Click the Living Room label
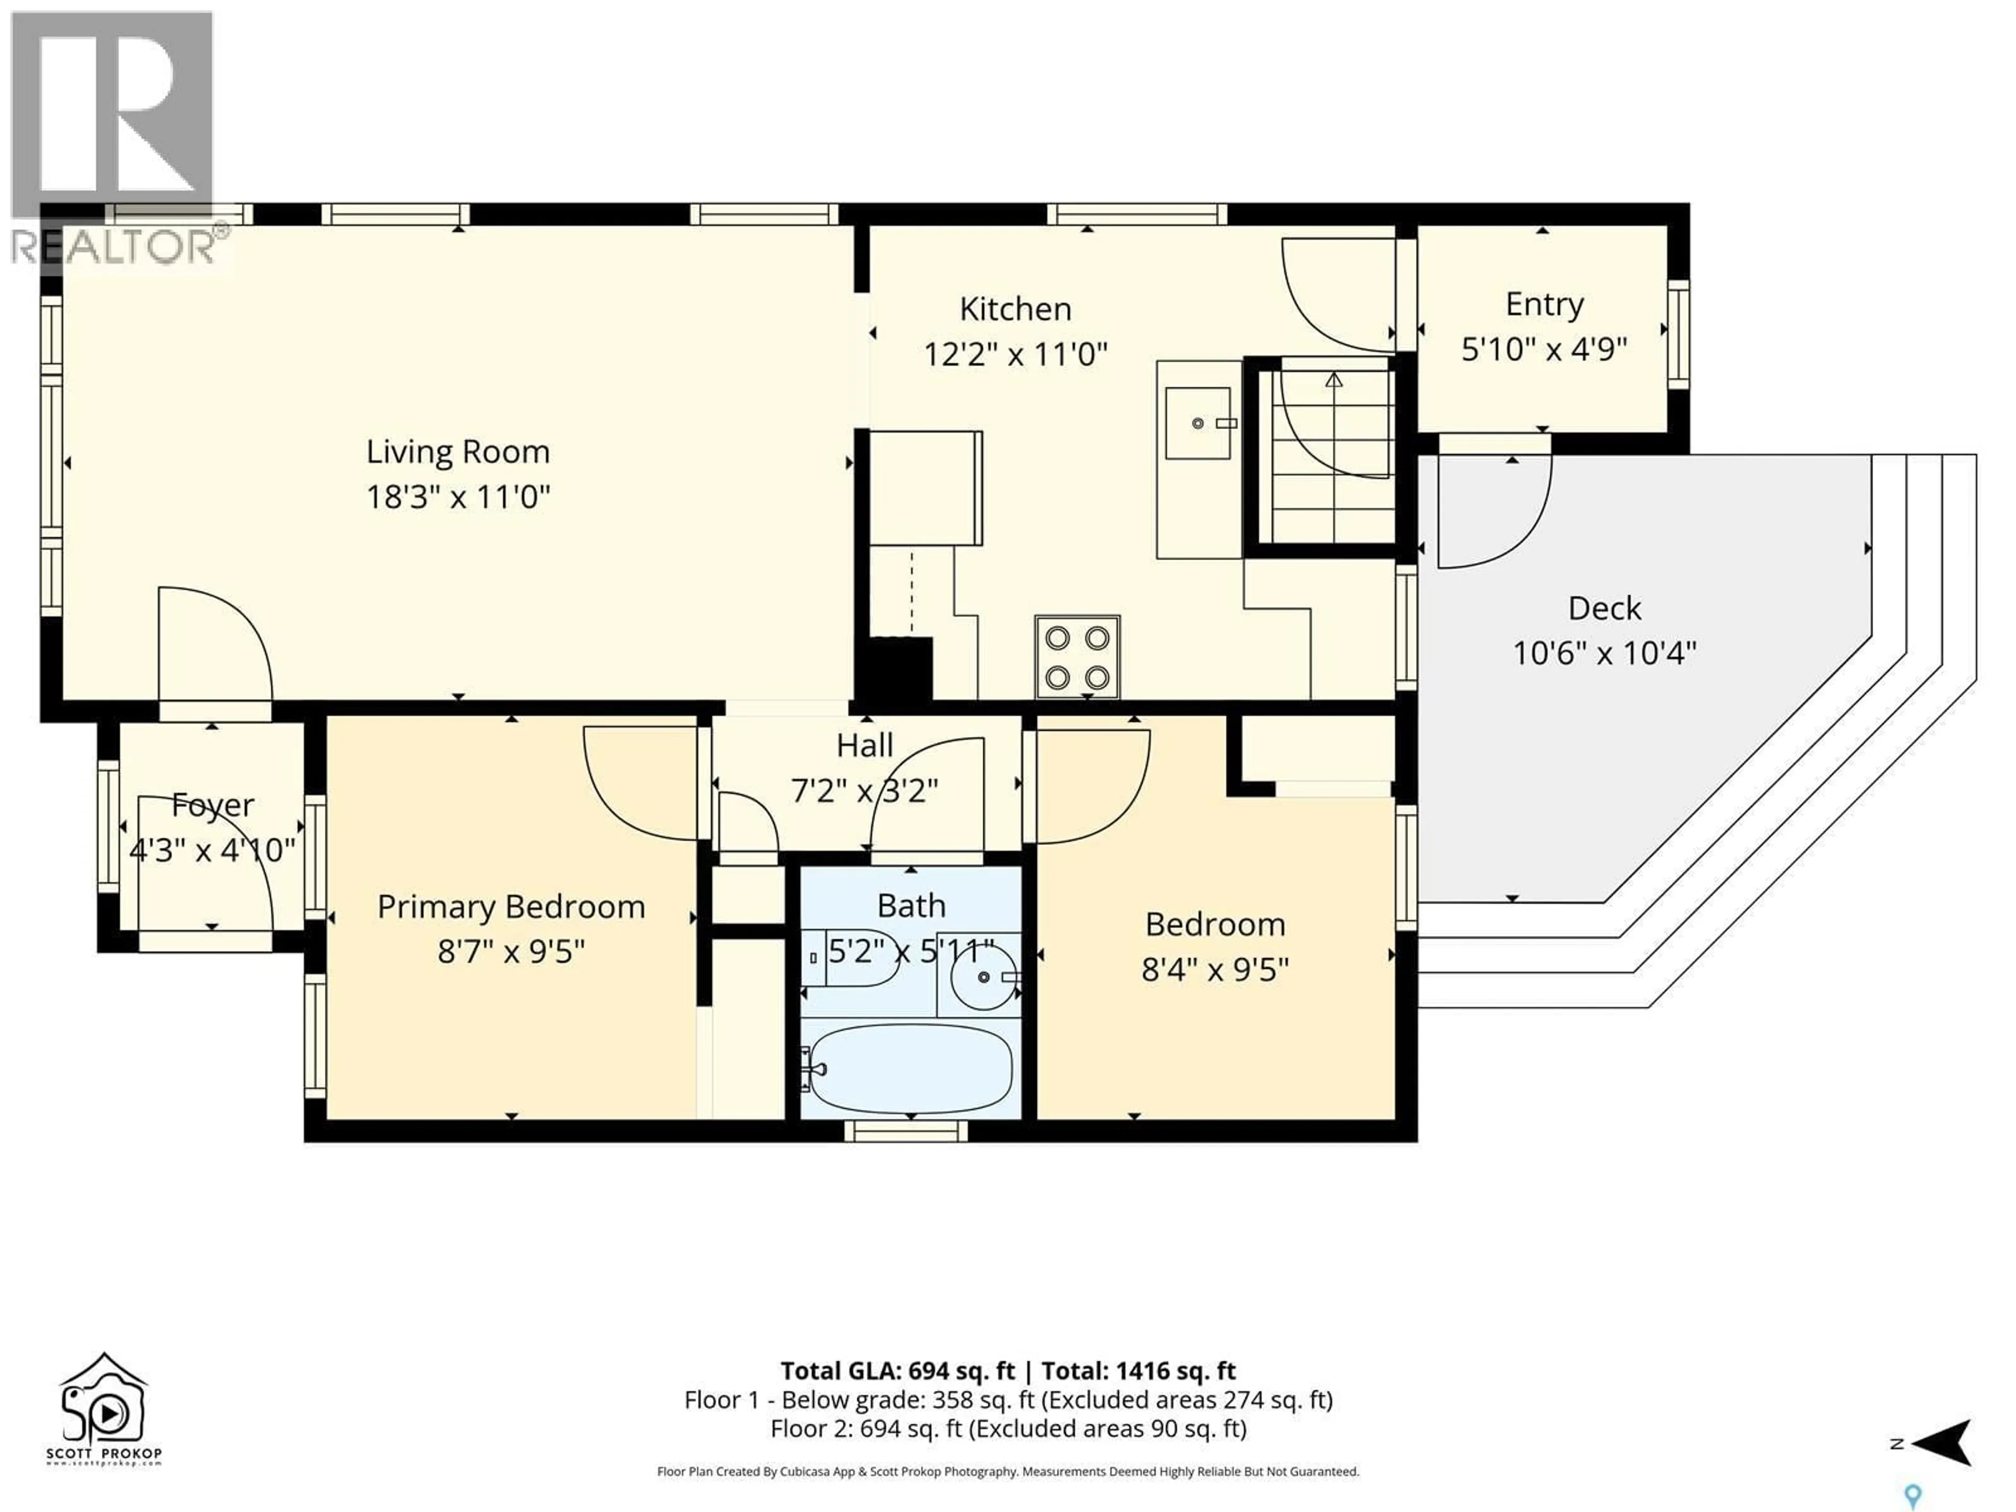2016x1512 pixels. [457, 452]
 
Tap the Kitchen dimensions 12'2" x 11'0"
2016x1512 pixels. [1015, 354]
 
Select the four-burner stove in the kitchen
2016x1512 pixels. [1077, 656]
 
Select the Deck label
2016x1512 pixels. [1604, 608]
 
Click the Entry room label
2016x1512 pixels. [1544, 304]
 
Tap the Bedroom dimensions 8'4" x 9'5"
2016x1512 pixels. [1215, 969]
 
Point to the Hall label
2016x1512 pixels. [864, 745]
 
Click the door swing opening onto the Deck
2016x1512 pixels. [1493, 510]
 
